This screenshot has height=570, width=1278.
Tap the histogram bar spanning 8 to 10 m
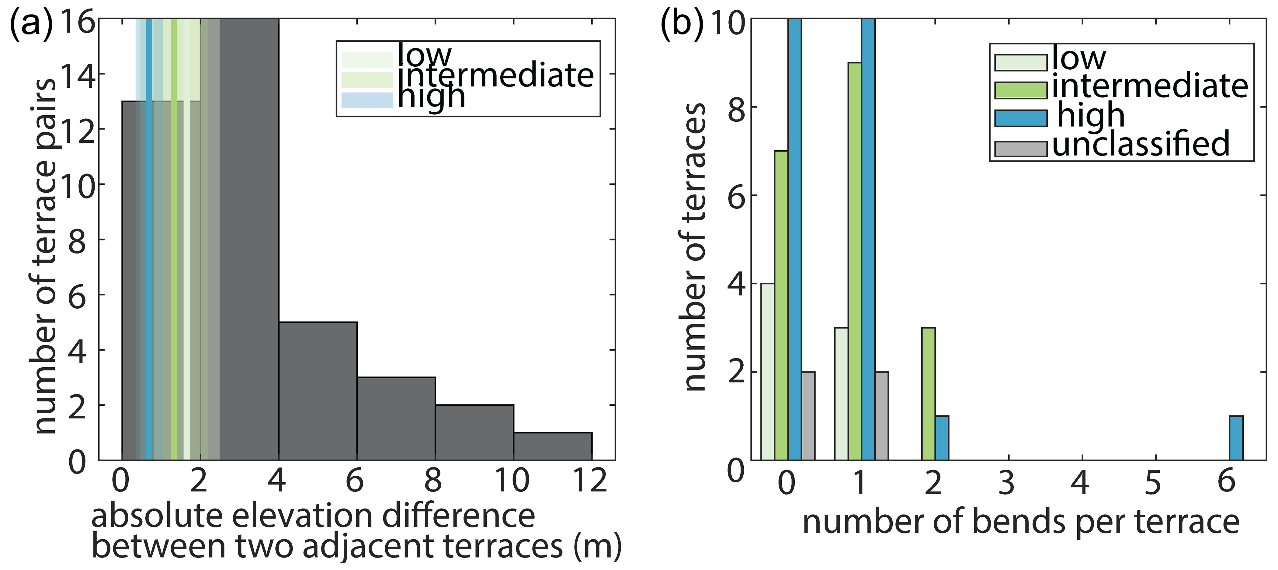tap(474, 432)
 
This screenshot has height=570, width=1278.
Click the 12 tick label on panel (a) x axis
tap(590, 480)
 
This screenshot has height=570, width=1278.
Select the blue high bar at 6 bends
tap(1236, 438)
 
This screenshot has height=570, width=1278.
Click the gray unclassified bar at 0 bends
tap(808, 416)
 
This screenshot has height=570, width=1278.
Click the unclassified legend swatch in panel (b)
tap(1020, 149)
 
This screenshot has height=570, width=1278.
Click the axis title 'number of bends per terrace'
tap(1020, 522)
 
